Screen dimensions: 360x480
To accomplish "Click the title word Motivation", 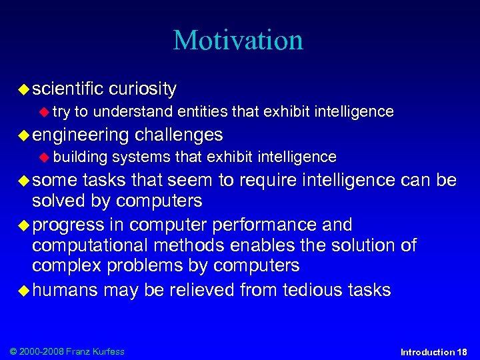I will pyautogui.click(x=238, y=40).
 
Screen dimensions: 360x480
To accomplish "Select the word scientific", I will pyautogui.click(x=67, y=89).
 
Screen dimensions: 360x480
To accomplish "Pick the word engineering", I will pyautogui.click(x=80, y=135).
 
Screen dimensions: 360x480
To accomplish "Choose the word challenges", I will pyautogui.click(x=179, y=135).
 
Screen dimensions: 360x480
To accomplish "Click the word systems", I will pyautogui.click(x=141, y=157).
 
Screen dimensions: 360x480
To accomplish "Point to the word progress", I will pyautogui.click(x=68, y=225).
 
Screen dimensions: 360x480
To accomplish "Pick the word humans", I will pyautogui.click(x=65, y=290).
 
